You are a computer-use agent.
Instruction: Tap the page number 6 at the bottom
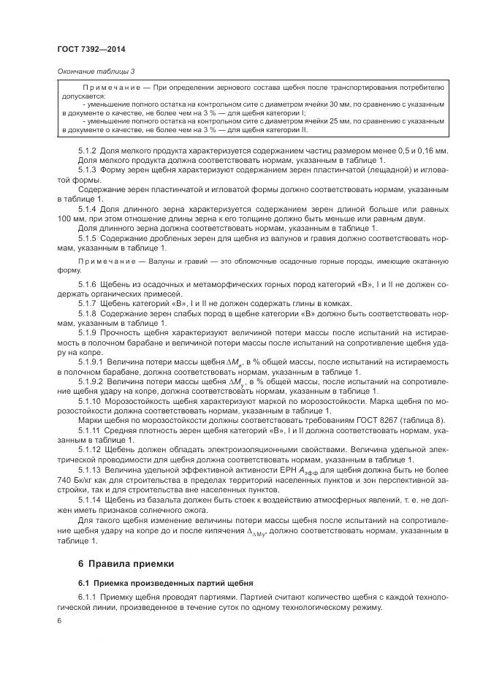tap(59, 620)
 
